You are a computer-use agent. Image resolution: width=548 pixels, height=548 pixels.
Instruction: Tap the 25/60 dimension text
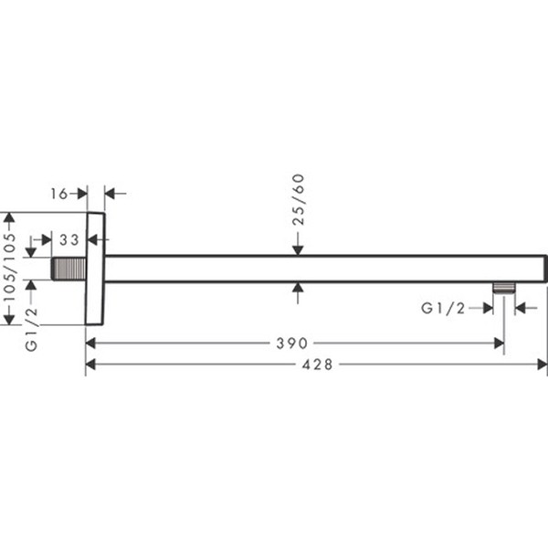tap(298, 198)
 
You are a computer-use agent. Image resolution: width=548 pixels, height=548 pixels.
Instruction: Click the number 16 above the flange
tap(59, 193)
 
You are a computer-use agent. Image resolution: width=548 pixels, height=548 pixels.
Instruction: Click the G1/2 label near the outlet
tap(443, 309)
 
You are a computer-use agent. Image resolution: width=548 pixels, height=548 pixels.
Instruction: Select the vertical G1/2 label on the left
tap(31, 330)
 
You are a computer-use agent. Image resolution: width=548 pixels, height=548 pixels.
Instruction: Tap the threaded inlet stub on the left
tap(69, 269)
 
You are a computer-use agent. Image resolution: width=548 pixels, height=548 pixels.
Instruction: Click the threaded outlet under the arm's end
tap(503, 288)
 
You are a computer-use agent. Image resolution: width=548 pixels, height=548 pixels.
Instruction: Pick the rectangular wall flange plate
tap(95, 269)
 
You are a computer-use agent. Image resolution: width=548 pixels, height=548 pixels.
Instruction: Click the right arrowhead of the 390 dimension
tap(498, 343)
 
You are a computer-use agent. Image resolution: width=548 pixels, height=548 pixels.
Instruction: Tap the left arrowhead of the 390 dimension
tap(91, 343)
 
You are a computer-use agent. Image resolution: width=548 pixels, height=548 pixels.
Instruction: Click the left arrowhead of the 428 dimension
tap(91, 364)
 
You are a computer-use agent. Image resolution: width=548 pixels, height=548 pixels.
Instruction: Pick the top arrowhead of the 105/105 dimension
tap(10, 219)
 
